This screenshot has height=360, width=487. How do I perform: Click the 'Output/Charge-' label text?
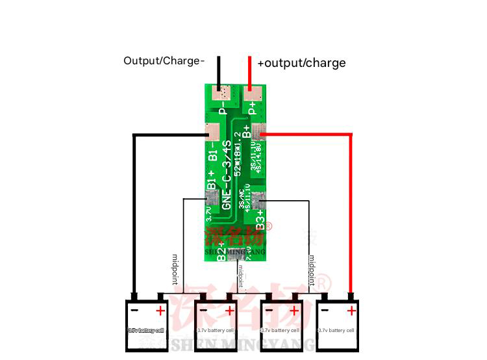(164, 61)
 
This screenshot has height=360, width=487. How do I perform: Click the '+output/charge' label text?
(301, 63)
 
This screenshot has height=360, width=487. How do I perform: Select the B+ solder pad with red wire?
(260, 132)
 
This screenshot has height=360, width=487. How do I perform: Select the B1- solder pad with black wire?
(212, 132)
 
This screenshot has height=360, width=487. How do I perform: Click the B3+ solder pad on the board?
(260, 201)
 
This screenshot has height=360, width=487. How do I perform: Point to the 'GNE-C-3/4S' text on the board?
(227, 174)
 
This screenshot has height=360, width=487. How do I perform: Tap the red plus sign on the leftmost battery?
(160, 311)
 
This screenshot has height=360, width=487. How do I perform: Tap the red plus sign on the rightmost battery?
(351, 311)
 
